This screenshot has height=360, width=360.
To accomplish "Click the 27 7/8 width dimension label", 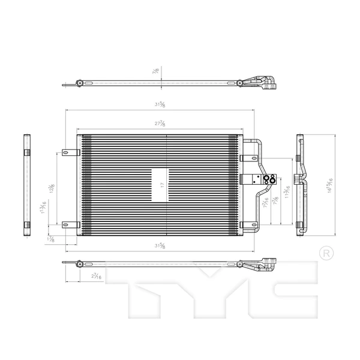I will coord(159,124).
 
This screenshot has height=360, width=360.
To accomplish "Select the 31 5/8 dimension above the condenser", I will coord(159,105).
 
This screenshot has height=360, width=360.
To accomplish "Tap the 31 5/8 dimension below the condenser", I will coord(159,245).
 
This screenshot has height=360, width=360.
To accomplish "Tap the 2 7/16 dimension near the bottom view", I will coord(95,275).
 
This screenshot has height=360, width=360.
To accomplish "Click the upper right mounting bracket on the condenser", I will coord(247,158).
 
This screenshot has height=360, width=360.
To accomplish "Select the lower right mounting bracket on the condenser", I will coord(247,225).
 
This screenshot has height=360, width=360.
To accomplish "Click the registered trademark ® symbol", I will coord(325,253).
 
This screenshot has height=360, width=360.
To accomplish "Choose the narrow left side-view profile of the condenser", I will coord(26,186).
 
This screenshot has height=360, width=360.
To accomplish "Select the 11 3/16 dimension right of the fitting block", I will coord(288,191).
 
